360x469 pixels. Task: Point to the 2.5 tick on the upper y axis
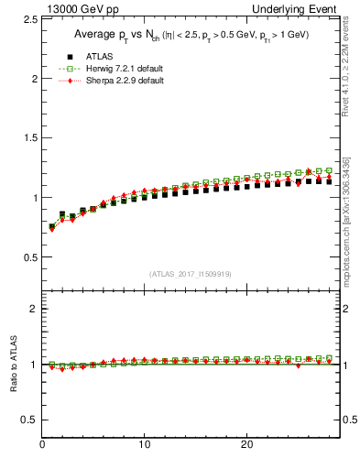(27, 19)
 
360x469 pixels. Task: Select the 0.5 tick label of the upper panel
(27, 256)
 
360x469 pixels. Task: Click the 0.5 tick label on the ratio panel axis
(27, 420)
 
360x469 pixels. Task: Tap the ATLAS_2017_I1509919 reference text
(191, 274)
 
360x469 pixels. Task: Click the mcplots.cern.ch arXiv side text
(346, 220)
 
